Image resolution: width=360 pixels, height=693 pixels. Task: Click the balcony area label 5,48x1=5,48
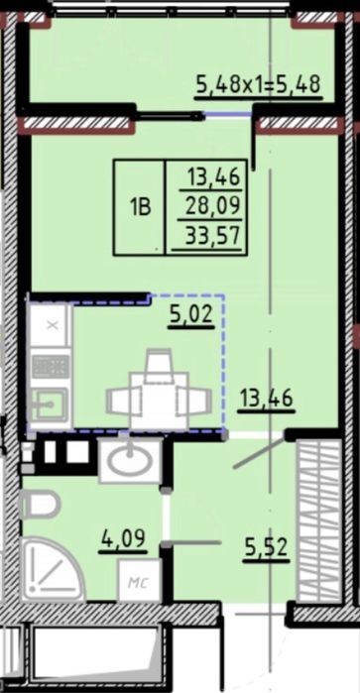point(258,84)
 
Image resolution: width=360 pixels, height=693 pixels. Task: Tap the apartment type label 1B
point(141,207)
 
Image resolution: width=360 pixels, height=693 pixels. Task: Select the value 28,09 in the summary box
point(212,206)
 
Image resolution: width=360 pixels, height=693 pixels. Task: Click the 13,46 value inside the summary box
point(214,177)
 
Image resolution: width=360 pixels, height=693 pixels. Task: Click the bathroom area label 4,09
point(124,540)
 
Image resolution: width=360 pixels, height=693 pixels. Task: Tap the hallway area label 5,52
point(266,548)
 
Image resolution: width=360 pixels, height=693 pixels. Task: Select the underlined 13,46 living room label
point(266,400)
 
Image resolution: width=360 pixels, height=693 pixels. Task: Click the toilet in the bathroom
point(40,505)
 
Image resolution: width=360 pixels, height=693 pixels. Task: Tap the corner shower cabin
point(51,569)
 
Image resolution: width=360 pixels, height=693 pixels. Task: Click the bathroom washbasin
point(130,460)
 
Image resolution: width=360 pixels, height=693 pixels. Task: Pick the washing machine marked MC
point(139,580)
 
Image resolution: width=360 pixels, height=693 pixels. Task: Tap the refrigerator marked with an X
point(52,326)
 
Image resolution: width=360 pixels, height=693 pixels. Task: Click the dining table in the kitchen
point(159,401)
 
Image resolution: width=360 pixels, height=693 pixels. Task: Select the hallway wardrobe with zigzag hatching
point(318,520)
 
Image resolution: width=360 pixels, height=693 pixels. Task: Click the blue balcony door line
point(228,114)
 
